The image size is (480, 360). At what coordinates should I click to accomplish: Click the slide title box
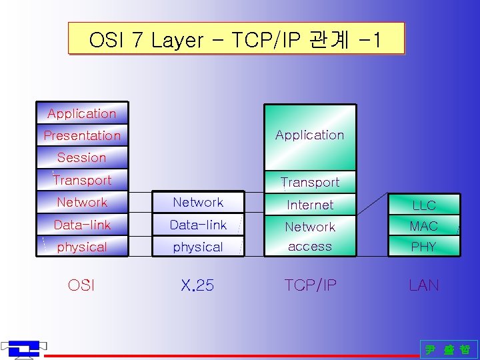pyautogui.click(x=236, y=39)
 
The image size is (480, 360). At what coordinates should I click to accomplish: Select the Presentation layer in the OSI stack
pyautogui.click(x=82, y=135)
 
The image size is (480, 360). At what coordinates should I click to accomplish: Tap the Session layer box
pyautogui.click(x=82, y=158)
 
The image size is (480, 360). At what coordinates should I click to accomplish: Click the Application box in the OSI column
pyautogui.click(x=82, y=113)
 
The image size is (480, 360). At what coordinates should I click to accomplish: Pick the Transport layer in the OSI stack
pyautogui.click(x=82, y=180)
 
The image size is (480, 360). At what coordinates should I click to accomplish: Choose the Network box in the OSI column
pyautogui.click(x=82, y=202)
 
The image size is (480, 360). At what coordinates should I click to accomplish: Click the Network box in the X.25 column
pyautogui.click(x=198, y=202)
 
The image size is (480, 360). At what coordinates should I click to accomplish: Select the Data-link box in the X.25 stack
pyautogui.click(x=198, y=225)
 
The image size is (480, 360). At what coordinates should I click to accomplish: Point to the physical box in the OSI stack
pyautogui.click(x=82, y=247)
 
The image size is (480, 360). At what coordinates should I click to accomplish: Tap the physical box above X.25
pyautogui.click(x=198, y=247)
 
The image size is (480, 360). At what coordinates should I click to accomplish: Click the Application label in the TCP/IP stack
pyautogui.click(x=310, y=135)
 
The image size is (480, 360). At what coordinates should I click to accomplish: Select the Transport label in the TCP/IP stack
pyautogui.click(x=310, y=181)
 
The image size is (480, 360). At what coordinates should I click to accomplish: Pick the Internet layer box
pyautogui.click(x=310, y=205)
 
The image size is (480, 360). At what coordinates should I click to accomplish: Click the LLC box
pyautogui.click(x=424, y=205)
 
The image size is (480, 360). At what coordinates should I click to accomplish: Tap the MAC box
pyautogui.click(x=424, y=226)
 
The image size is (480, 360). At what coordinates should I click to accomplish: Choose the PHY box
pyautogui.click(x=424, y=247)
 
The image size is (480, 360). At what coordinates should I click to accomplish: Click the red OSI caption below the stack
pyautogui.click(x=81, y=285)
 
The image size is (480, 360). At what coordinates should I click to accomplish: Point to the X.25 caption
pyautogui.click(x=197, y=285)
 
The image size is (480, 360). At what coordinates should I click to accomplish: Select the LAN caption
pyautogui.click(x=424, y=285)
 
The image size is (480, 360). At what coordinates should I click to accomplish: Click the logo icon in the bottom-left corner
pyautogui.click(x=24, y=348)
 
